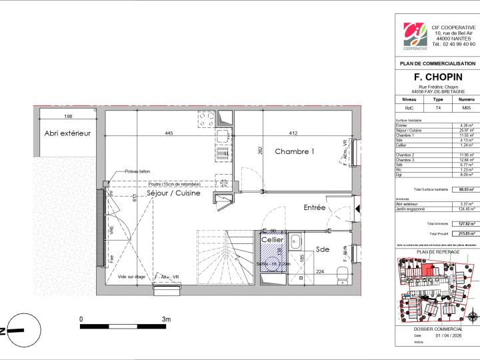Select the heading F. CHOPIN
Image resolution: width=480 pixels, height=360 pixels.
(437, 76)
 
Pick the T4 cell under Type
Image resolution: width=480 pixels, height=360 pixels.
(437, 107)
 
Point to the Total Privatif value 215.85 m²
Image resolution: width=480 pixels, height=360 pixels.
(466, 234)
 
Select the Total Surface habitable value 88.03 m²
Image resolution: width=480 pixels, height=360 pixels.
(466, 190)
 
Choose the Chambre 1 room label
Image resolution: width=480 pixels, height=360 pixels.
(295, 152)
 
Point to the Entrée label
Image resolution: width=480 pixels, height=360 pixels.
(314, 208)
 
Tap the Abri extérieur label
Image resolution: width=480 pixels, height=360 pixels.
(67, 134)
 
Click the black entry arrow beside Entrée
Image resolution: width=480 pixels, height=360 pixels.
(358, 209)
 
